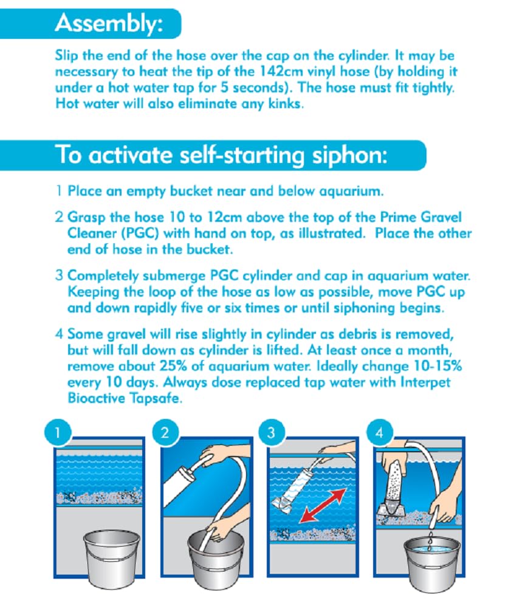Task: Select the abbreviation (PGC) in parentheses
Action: [x=140, y=233]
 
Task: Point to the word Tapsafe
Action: [x=154, y=399]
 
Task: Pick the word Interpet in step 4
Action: [x=425, y=382]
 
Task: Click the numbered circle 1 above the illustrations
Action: [x=58, y=432]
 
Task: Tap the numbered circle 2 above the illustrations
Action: [x=165, y=432]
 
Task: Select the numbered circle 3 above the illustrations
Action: [x=271, y=432]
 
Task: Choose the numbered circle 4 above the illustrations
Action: [x=379, y=432]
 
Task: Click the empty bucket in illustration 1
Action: [x=112, y=557]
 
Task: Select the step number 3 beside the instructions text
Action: [x=59, y=275]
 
